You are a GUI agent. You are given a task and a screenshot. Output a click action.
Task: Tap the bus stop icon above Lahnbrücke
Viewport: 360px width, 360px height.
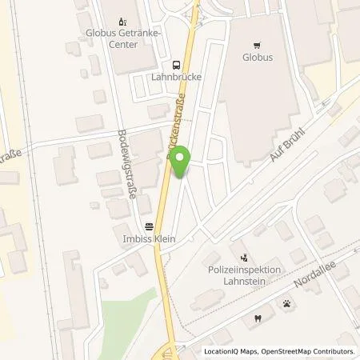tap(175, 65)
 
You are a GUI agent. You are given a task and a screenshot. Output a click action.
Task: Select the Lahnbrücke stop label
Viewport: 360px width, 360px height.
tap(175, 78)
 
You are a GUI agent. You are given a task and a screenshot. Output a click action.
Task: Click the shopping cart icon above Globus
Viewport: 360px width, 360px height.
tap(257, 45)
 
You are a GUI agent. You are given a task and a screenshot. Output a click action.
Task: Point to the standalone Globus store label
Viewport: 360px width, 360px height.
tap(257, 58)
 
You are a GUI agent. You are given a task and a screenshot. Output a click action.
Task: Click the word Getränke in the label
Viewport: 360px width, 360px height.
tap(141, 34)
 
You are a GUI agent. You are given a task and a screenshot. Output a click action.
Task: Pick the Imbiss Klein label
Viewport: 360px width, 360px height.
tap(148, 238)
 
